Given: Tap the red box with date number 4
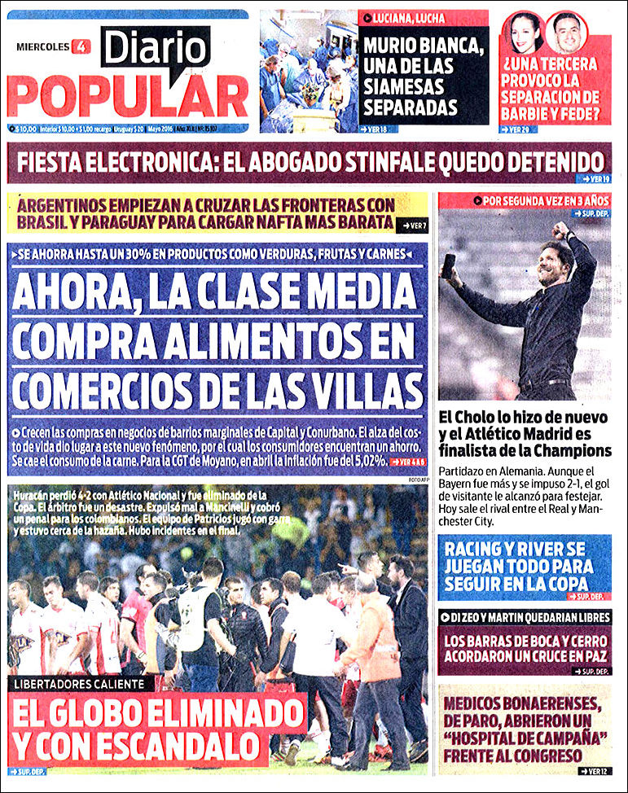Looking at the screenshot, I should (x=81, y=46).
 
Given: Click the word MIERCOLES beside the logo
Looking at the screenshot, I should (x=43, y=46).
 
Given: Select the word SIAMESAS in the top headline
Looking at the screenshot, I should (x=405, y=87).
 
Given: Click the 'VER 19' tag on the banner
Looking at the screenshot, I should (x=595, y=178).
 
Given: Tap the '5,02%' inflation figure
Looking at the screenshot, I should (x=363, y=461).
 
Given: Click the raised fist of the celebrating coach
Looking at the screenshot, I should (x=560, y=228).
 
